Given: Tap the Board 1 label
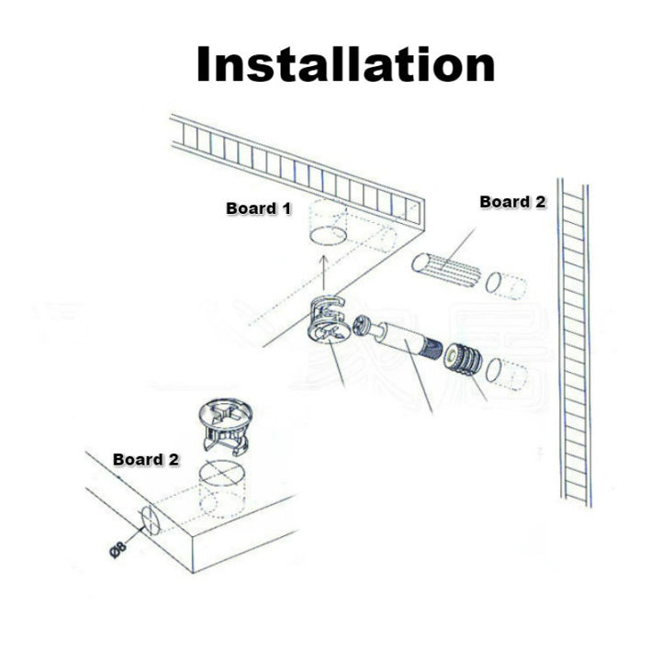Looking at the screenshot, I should click(x=259, y=208).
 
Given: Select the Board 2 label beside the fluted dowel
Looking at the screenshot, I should click(x=512, y=202).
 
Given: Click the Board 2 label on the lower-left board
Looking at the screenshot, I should click(x=145, y=458).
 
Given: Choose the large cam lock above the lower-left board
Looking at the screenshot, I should click(x=226, y=423).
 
